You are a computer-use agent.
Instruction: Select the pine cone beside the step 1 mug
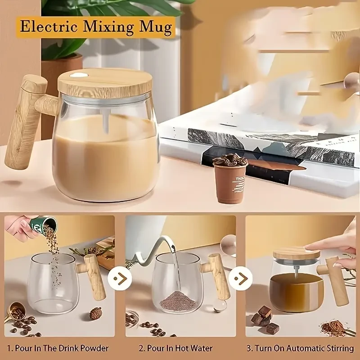(x=95, y=313)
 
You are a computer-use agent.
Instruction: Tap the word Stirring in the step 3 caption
(x=337, y=348)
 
